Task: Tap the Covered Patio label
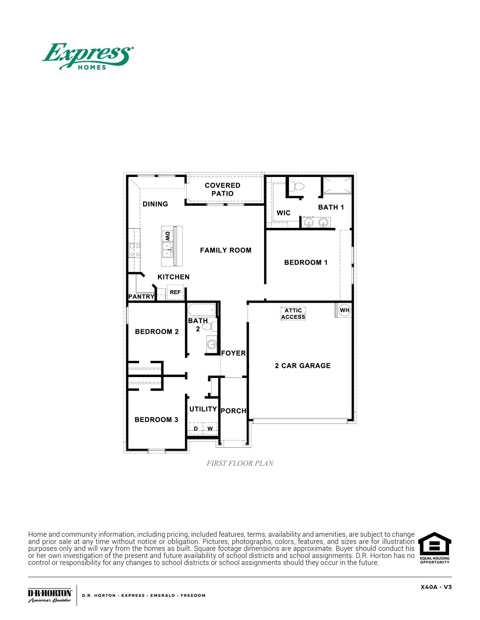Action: [222, 189]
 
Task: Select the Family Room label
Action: [226, 250]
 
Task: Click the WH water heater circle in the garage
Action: [344, 310]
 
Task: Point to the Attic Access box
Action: [293, 313]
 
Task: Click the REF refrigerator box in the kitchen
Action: [175, 292]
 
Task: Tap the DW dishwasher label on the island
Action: [167, 236]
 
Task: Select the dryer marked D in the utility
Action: [196, 429]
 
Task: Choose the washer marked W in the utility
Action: [210, 429]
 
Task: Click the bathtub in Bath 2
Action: [202, 310]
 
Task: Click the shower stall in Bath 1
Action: [337, 185]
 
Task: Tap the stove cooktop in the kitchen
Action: [135, 250]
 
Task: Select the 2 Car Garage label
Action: [302, 366]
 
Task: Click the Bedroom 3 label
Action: [156, 420]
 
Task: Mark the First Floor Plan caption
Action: [240, 463]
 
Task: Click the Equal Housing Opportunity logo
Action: [434, 548]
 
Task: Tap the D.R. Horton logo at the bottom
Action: [50, 595]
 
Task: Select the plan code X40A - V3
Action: [436, 587]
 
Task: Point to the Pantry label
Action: [141, 297]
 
